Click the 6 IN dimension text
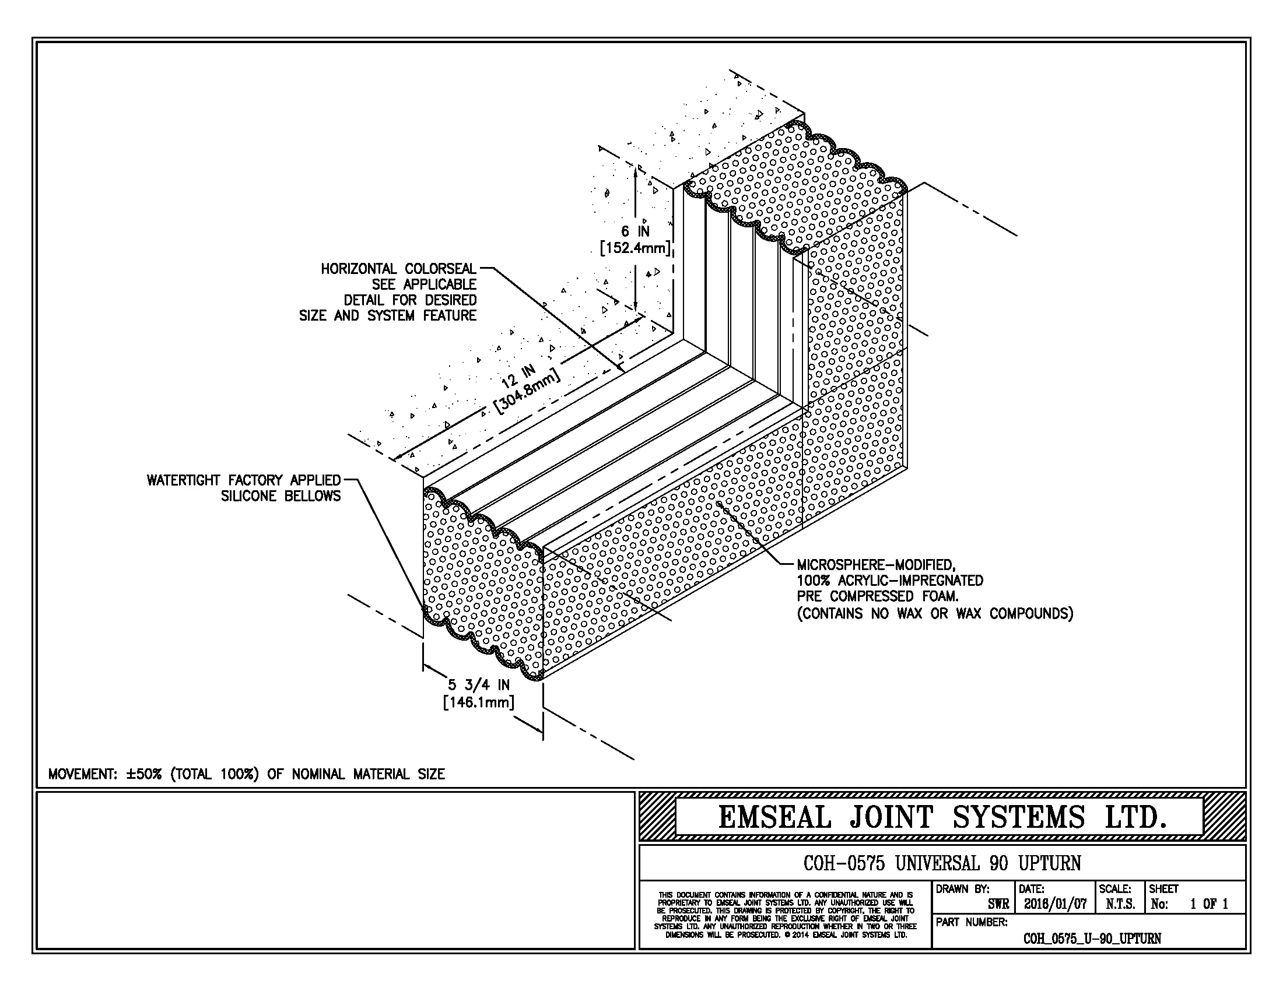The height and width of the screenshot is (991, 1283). click(x=636, y=231)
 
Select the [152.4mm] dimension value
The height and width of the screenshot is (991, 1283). click(x=635, y=248)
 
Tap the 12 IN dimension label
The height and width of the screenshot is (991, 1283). click(x=518, y=376)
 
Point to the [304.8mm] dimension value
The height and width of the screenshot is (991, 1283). click(x=528, y=391)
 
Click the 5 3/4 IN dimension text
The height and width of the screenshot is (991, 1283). click(x=479, y=684)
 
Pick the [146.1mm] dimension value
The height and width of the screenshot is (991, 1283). click(x=479, y=701)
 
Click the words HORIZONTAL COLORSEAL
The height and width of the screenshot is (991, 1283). click(x=398, y=269)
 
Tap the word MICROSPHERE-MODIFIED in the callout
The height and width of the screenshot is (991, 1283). click(x=876, y=565)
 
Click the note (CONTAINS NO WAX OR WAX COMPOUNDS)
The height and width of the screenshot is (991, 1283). click(x=935, y=613)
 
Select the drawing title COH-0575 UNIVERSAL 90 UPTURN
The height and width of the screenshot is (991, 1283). click(x=942, y=863)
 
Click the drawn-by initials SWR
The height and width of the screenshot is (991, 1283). click(x=998, y=905)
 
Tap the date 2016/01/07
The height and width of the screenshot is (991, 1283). click(x=1055, y=905)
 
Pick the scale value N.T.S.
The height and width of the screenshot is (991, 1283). click(x=1120, y=905)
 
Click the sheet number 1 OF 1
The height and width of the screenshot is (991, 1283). click(x=1208, y=905)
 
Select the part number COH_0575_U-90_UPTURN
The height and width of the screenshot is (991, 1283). click(x=1092, y=938)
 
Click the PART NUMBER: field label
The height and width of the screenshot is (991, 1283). click(x=971, y=922)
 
